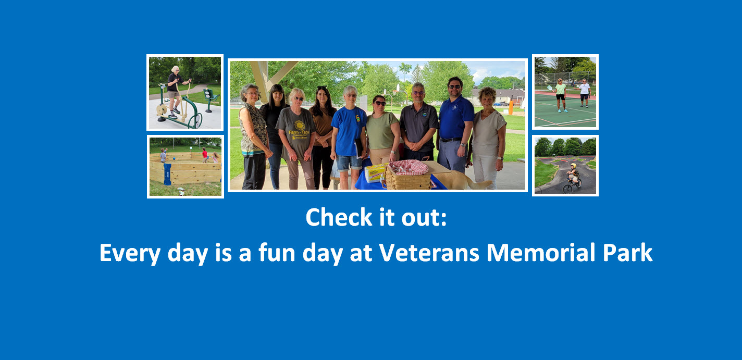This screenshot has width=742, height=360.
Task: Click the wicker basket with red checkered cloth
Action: click(x=409, y=175)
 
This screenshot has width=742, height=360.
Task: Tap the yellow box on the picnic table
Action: click(x=376, y=172)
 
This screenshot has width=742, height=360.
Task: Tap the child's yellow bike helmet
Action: click(x=573, y=166)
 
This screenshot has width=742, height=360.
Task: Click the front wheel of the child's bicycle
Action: click(x=567, y=188)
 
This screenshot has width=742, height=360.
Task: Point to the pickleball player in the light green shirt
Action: click(x=560, y=94)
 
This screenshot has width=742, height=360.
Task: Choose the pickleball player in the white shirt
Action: click(x=585, y=92)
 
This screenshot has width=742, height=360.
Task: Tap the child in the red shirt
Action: click(x=204, y=154)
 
